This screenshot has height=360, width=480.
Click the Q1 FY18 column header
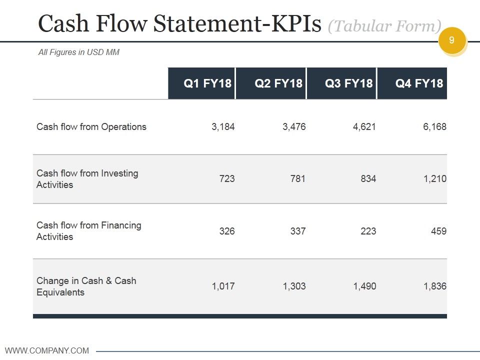207,83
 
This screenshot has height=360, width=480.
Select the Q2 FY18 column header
278,83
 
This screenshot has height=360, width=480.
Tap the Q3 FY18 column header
349,83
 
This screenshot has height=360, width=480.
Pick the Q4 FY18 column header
419,83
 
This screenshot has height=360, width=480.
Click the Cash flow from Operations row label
91,126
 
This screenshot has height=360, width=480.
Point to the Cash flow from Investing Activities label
87,179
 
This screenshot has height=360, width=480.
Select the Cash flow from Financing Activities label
89,231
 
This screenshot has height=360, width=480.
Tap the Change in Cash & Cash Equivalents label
86,286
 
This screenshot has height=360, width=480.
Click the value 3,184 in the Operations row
223,126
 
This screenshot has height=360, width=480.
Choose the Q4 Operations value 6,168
434,126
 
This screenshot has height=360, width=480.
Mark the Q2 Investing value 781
298,178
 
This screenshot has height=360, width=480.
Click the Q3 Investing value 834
368,178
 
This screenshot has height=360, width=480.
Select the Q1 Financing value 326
227,231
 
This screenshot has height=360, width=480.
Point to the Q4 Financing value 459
438,231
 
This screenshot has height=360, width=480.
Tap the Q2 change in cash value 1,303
294,286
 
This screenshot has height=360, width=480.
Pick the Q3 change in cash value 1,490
364,286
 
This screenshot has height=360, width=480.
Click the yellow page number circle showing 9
452,40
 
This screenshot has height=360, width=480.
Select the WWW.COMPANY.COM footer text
47,350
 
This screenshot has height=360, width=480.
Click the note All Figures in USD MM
79,52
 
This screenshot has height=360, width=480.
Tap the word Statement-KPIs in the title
237,23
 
